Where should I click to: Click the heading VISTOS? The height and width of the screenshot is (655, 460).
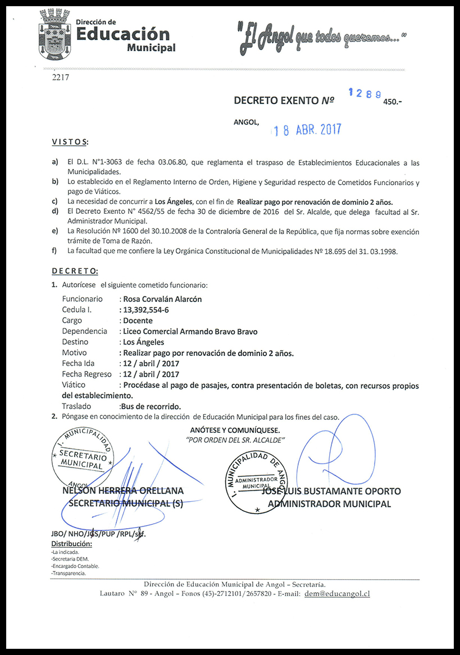pyautogui.click(x=70, y=141)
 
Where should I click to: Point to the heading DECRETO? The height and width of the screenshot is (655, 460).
pyautogui.click(x=75, y=271)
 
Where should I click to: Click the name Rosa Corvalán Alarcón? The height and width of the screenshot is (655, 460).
pyautogui.click(x=162, y=299)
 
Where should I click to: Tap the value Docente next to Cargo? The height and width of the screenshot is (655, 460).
pyautogui.click(x=138, y=320)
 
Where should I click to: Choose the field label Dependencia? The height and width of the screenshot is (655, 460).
pyautogui.click(x=85, y=331)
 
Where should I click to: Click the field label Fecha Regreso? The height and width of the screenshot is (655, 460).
pyautogui.click(x=87, y=374)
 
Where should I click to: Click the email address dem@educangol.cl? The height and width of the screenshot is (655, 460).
pyautogui.click(x=336, y=593)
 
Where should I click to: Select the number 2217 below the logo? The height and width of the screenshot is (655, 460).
pyautogui.click(x=60, y=78)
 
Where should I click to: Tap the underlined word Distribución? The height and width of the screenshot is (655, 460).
pyautogui.click(x=71, y=544)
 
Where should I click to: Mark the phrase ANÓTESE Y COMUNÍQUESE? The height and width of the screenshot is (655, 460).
pyautogui.click(x=235, y=430)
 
